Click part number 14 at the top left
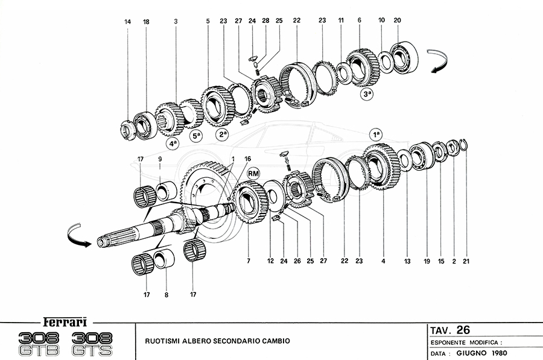click(127, 22)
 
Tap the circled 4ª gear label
click(174, 144)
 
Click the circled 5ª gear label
click(197, 136)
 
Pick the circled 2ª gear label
click(223, 135)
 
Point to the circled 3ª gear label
click(368, 95)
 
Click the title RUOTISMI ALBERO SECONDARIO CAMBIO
click(217, 341)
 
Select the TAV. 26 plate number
click(450, 330)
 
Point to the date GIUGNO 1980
click(481, 353)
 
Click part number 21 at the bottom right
click(465, 261)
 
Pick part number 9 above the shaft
click(160, 159)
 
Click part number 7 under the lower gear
click(248, 261)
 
